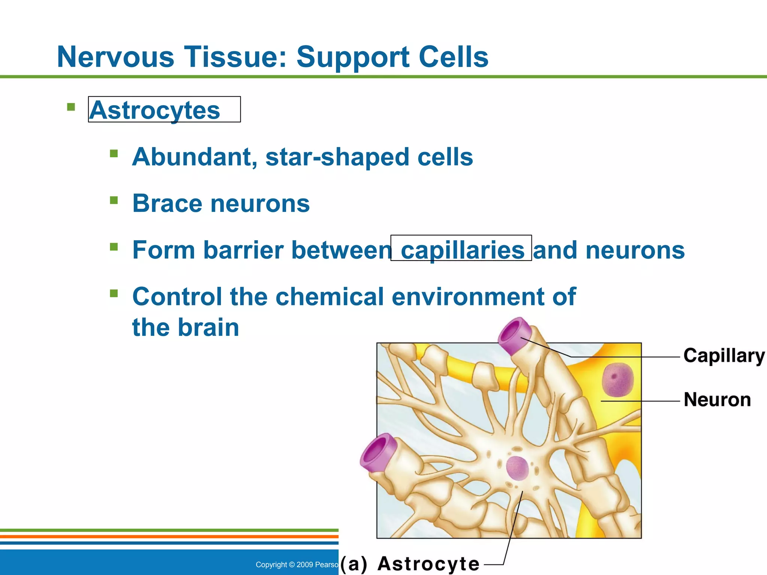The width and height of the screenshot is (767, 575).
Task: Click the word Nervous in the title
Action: [115, 57]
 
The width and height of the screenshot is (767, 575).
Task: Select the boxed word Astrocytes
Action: [155, 110]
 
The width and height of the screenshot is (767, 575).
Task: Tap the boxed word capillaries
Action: [462, 250]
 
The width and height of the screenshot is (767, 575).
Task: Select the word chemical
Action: [329, 296]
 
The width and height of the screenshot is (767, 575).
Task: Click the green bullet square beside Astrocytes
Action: [71, 107]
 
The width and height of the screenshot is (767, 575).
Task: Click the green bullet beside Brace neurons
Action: [114, 200]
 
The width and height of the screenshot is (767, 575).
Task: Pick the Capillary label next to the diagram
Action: [724, 356]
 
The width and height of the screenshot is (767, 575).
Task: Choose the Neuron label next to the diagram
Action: [717, 399]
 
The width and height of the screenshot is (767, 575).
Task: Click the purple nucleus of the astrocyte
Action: [517, 468]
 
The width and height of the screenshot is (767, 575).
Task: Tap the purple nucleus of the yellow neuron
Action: [617, 380]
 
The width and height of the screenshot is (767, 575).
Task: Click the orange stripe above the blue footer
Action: [169, 536]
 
